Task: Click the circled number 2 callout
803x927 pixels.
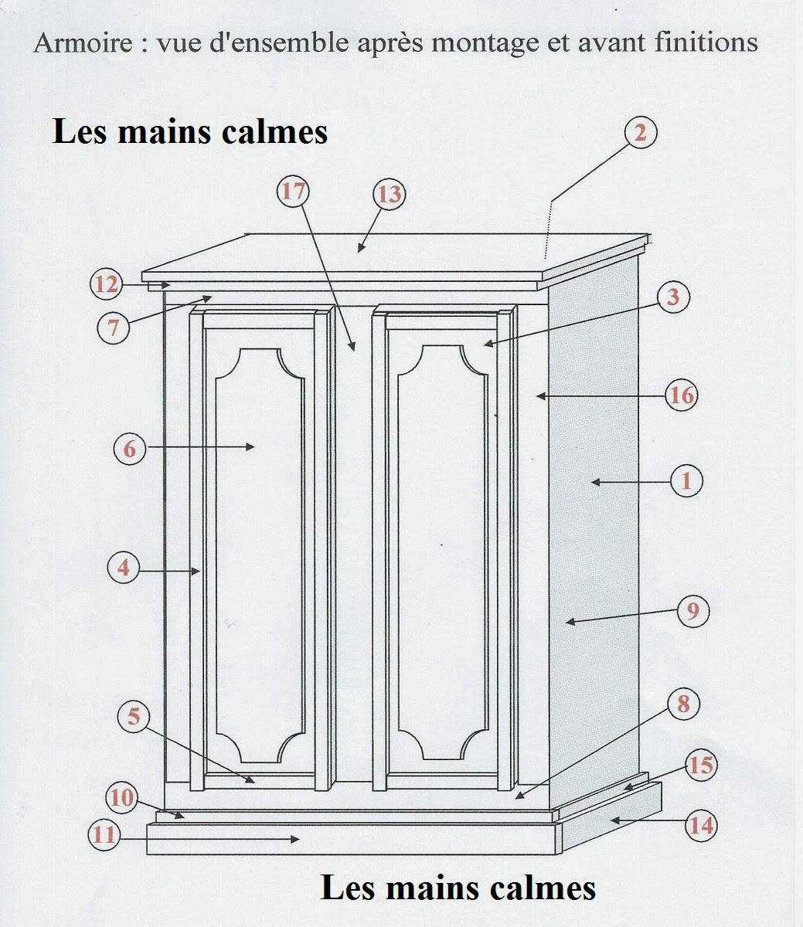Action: click(x=639, y=133)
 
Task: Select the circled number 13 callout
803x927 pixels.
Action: click(x=389, y=194)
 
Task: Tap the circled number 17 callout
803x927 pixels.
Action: click(x=293, y=191)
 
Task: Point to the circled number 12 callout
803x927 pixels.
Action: click(x=106, y=284)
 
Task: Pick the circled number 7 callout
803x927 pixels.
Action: click(x=113, y=328)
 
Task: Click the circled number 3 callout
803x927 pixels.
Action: click(x=673, y=297)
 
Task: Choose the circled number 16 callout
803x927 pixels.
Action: click(x=682, y=396)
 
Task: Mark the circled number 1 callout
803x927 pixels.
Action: click(x=686, y=481)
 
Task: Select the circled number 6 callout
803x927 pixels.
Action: click(x=129, y=448)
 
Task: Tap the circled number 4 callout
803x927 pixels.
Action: click(x=123, y=569)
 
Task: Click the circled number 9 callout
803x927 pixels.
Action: click(x=692, y=611)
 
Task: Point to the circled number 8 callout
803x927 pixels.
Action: click(x=683, y=704)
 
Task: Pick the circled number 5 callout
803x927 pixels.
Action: click(x=134, y=717)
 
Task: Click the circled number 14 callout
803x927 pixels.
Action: click(x=701, y=825)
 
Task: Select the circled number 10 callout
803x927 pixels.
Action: click(x=122, y=797)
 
